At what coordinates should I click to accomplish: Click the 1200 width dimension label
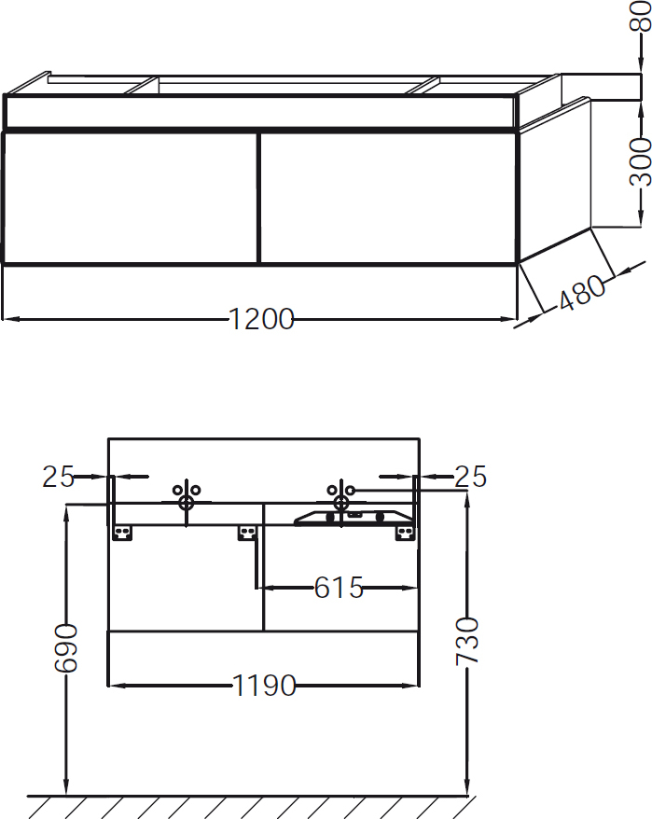pos(262,320)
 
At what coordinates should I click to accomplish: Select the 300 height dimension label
pos(640,161)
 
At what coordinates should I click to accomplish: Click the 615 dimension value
pos(338,588)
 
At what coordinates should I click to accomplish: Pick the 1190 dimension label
pos(264,687)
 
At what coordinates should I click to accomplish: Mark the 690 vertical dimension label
pos(66,649)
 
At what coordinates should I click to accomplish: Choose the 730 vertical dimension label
pos(465,641)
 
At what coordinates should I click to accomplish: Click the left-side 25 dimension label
pos(58,477)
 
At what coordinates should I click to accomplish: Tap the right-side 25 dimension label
pos(470,477)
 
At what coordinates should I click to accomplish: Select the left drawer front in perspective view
pos(130,197)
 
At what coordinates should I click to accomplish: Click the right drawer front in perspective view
pos(387,197)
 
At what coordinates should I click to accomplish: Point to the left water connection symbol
pos(187,496)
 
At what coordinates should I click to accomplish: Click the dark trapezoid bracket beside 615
pos(354,518)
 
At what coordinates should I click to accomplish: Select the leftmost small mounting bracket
pos(121,533)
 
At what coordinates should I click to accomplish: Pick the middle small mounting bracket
pos(247,533)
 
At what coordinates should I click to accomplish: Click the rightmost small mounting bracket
pos(405,533)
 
